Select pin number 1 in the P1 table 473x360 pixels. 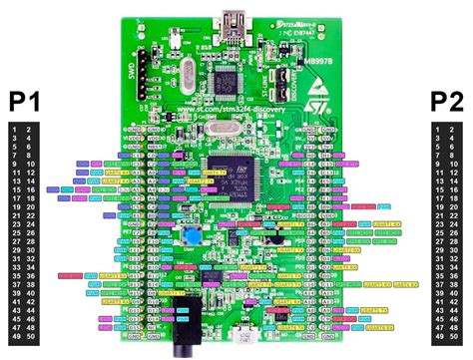(x=13, y=129)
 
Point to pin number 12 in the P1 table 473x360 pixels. (x=31, y=173)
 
